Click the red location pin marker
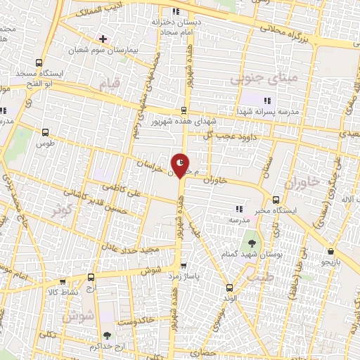pyautogui.click(x=181, y=166)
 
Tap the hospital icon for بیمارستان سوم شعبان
pyautogui.click(x=103, y=38)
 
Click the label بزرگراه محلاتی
pyautogui.click(x=286, y=32)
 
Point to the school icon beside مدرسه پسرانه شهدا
pyautogui.click(x=266, y=101)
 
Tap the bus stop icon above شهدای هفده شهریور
pyautogui.click(x=184, y=110)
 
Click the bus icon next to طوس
pyautogui.click(x=46, y=131)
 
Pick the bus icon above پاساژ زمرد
pyautogui.click(x=184, y=266)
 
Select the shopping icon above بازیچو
pyautogui.click(x=330, y=251)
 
